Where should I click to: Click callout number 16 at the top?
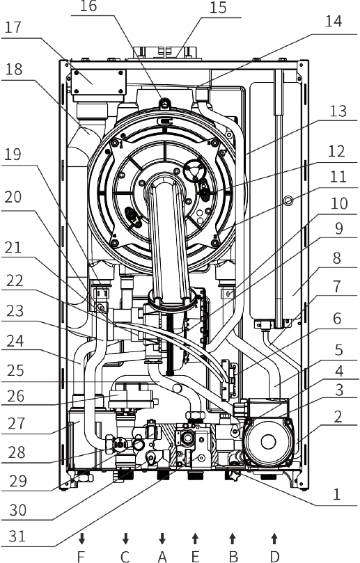point(88,6)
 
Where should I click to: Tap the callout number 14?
point(333,21)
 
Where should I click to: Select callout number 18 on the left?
point(14,69)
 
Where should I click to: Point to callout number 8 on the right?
point(336,257)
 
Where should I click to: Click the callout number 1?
point(336,494)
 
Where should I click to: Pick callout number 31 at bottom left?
point(17,536)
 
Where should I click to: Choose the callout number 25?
point(15,370)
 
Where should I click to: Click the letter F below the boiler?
point(81,557)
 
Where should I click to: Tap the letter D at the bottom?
point(274,557)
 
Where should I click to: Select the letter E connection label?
point(195,557)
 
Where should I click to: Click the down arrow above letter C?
point(125,539)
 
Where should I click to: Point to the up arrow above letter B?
point(233,539)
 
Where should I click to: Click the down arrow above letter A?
point(162,539)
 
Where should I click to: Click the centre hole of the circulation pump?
point(268,442)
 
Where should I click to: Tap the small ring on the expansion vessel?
point(288,200)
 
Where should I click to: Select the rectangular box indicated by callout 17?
point(99,82)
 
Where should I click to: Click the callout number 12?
point(336,152)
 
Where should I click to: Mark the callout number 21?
point(13,247)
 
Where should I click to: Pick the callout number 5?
point(339,349)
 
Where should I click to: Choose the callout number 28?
point(17,452)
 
